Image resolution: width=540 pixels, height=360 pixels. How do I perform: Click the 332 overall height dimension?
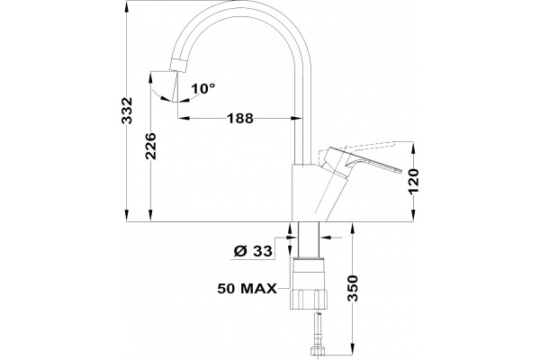coord(128,110)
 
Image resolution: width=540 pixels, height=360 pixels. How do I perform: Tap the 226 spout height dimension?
coord(151,146)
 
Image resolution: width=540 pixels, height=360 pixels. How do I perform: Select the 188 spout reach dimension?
coord(240,119)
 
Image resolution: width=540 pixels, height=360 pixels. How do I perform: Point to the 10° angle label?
coord(203,88)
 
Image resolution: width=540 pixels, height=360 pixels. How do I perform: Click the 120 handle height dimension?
coord(414,181)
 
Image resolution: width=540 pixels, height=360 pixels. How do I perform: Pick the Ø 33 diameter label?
coord(253,251)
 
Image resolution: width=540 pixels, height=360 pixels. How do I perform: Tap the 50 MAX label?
coord(247,289)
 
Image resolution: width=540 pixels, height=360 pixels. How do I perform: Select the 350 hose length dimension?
coord(352,288)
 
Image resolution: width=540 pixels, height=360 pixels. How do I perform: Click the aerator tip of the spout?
coord(179,66)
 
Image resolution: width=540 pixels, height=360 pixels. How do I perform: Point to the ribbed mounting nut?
coord(309,299)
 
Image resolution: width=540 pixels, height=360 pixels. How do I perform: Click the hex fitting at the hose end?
coord(318,351)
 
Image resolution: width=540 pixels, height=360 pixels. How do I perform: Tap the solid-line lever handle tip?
coord(400,170)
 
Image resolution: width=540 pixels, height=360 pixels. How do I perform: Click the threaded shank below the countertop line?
coord(308,239)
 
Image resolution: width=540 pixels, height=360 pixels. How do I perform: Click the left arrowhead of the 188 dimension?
coord(184,119)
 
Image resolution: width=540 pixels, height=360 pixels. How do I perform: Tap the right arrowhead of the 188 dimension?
coord(295,119)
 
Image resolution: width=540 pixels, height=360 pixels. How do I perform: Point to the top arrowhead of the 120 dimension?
coord(414,148)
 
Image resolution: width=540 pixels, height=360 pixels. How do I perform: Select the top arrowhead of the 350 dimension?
coord(352,229)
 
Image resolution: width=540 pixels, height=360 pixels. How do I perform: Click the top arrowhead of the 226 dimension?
coord(150,78)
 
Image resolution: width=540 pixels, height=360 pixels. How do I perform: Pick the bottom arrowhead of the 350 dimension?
coord(352,348)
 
